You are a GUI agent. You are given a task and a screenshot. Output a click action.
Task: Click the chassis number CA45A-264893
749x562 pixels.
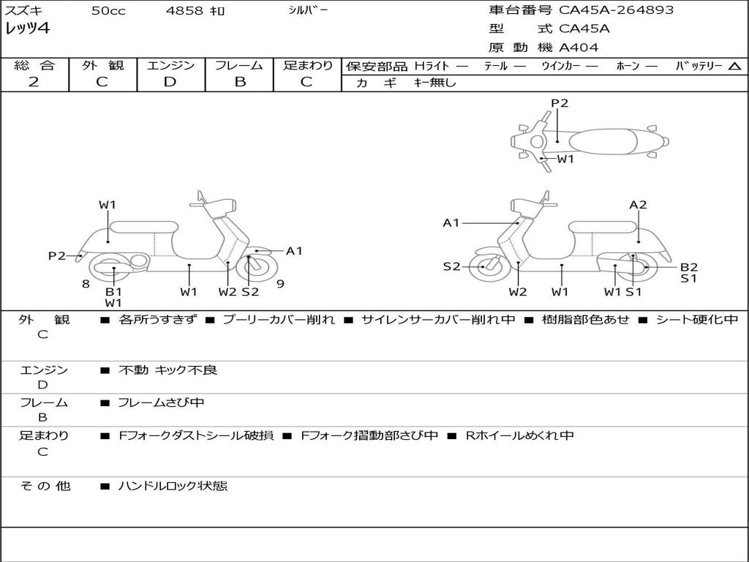tap(616, 10)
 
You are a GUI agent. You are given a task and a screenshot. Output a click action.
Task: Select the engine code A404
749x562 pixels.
tap(579, 48)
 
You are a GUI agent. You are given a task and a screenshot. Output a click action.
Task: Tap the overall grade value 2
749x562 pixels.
tap(34, 81)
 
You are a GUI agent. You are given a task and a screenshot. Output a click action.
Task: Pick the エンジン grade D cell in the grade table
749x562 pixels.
tap(170, 81)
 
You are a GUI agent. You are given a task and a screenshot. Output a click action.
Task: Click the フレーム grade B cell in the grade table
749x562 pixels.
tap(239, 81)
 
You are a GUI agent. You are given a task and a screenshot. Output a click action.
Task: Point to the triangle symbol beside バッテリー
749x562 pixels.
tap(734, 66)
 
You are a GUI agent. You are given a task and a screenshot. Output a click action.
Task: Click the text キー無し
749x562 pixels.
tap(434, 83)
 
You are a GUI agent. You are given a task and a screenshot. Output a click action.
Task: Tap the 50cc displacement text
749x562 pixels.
tap(107, 11)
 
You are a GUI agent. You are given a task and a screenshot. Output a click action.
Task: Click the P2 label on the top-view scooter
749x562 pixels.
tap(560, 103)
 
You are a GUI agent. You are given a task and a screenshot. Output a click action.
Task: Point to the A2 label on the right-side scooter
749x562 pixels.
tap(639, 205)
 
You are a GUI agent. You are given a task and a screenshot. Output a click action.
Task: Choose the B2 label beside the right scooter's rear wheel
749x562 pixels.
tap(689, 267)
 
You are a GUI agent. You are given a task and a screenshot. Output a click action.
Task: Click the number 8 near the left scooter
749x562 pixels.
tap(86, 284)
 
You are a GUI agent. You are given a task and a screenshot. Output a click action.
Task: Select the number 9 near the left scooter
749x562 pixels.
tap(280, 284)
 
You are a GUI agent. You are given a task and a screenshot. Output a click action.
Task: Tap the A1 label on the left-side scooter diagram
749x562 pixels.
tap(294, 251)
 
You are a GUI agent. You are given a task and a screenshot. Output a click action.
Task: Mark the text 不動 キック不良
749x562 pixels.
tap(168, 370)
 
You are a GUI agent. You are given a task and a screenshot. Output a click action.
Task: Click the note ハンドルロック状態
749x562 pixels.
tap(173, 485)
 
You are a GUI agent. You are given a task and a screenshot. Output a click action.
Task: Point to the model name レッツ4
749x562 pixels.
tap(27, 29)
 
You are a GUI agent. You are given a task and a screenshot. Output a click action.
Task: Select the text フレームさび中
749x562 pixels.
tap(161, 402)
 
